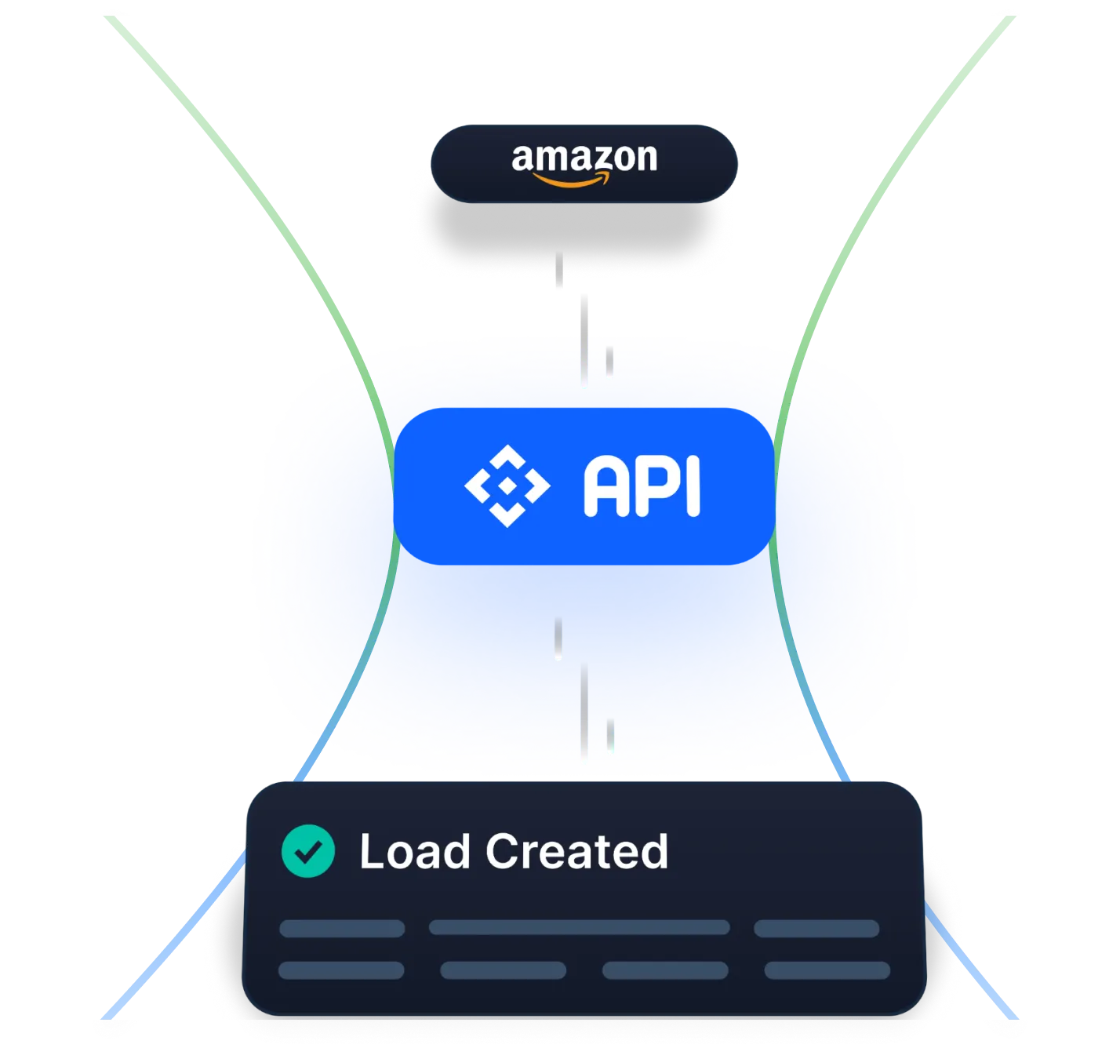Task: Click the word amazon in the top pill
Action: tap(584, 158)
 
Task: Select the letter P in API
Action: tap(653, 487)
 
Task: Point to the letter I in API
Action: tap(692, 487)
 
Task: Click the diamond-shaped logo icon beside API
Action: tap(507, 486)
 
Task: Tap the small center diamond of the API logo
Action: tap(507, 486)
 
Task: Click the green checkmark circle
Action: tap(308, 851)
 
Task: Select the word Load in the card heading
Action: tap(414, 852)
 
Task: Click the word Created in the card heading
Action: tap(576, 852)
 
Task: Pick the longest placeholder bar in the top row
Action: tap(579, 928)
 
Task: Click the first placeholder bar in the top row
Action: tap(342, 929)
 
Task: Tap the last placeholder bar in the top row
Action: tap(816, 929)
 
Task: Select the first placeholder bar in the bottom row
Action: tap(341, 970)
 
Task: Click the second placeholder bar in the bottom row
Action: tap(503, 970)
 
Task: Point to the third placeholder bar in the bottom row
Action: tap(665, 970)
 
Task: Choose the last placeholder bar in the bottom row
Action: tap(827, 970)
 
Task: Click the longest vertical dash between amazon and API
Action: tap(584, 342)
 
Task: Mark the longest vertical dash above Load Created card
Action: tap(584, 714)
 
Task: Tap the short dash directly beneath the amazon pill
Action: tap(558, 272)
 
